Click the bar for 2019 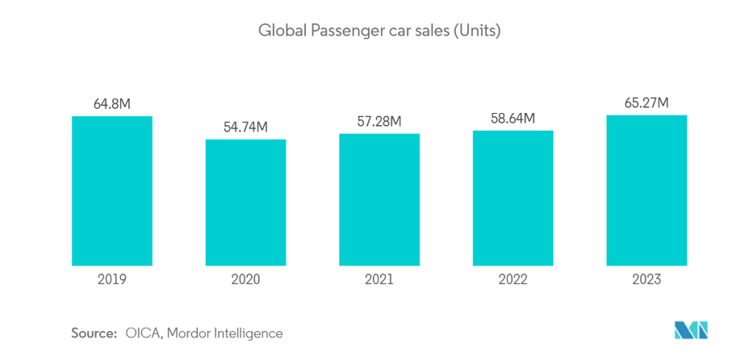coord(112,190)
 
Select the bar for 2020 coord(245,202)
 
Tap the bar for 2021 coord(379,199)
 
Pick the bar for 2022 coord(512,198)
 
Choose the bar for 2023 coord(646,190)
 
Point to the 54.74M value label coord(245,127)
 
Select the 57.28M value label coord(379,121)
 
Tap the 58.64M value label coord(512,118)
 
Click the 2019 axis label coord(112,280)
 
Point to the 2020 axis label coord(245,280)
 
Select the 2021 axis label coord(379,280)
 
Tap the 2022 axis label coord(512,280)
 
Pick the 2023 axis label coord(646,280)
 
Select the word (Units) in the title coord(477,32)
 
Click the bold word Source coord(94,333)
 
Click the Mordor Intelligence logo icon coord(692,330)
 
